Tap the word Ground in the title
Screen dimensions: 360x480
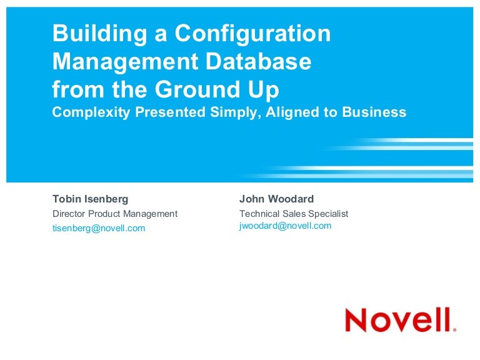coord(197,89)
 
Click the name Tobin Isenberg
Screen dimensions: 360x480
coord(90,199)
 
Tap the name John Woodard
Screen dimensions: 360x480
coord(276,199)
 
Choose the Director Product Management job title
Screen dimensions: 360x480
coord(115,214)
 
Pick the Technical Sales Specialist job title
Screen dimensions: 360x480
coord(294,214)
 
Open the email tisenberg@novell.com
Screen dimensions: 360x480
coord(99,228)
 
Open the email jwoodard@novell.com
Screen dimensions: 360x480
coord(285,226)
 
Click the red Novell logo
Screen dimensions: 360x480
coord(400,319)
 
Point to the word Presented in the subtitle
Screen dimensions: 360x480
coord(167,112)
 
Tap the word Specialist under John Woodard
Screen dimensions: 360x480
coord(327,214)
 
